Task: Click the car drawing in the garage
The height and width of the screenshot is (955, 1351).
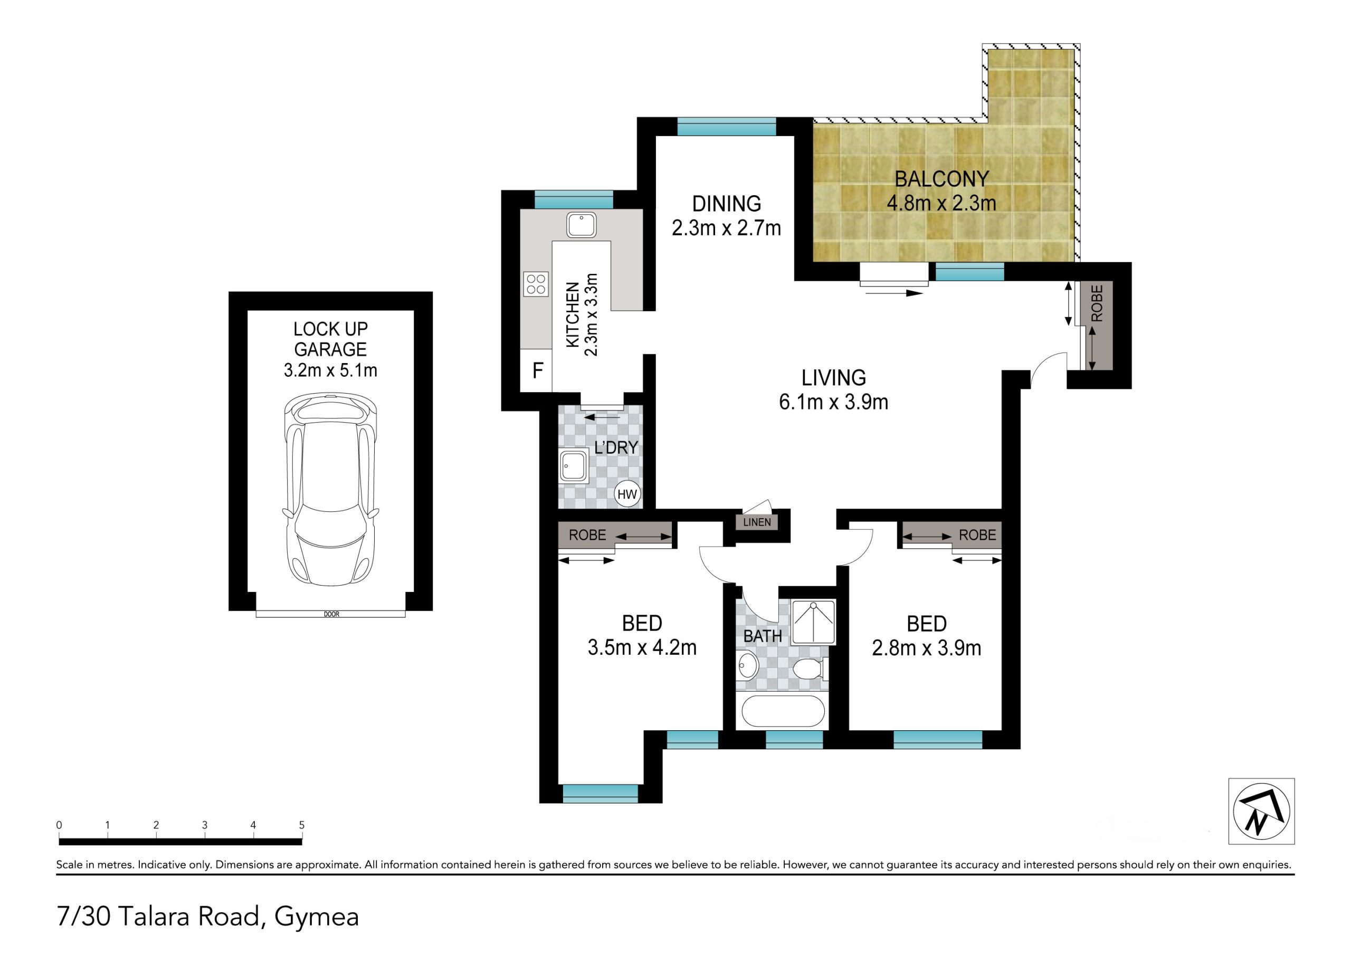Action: (x=331, y=490)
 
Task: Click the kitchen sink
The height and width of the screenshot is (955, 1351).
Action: (x=582, y=225)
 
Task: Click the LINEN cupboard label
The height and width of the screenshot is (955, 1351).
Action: (x=757, y=522)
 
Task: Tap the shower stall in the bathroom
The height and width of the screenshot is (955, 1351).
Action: (x=813, y=622)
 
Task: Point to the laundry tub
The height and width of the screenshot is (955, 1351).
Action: (x=574, y=466)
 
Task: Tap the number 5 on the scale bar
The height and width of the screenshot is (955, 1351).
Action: (x=302, y=825)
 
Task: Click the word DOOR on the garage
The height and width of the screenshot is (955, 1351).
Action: (x=331, y=614)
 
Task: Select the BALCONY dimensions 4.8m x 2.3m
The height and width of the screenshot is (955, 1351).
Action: (x=941, y=203)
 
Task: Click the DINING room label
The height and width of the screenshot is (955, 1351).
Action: (x=727, y=204)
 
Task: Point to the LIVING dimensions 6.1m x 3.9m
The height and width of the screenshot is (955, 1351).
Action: (x=834, y=402)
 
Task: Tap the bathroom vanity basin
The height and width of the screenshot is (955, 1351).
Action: (x=748, y=665)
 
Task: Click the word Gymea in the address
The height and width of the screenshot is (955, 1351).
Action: (x=317, y=918)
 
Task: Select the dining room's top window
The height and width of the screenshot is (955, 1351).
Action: (x=727, y=127)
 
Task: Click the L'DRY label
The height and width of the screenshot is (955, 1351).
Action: (x=616, y=447)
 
